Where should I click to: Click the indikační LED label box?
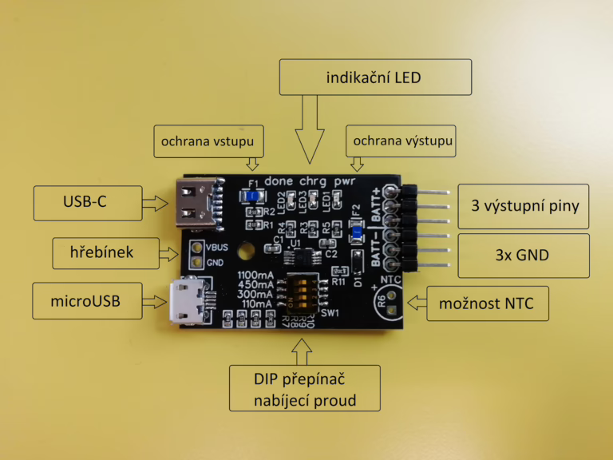click(x=374, y=78)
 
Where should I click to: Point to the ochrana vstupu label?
click(x=207, y=141)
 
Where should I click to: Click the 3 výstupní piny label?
click(x=524, y=204)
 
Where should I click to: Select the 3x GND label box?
click(x=524, y=256)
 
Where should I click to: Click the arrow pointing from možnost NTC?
click(x=416, y=302)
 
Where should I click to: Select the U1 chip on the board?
click(x=301, y=254)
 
